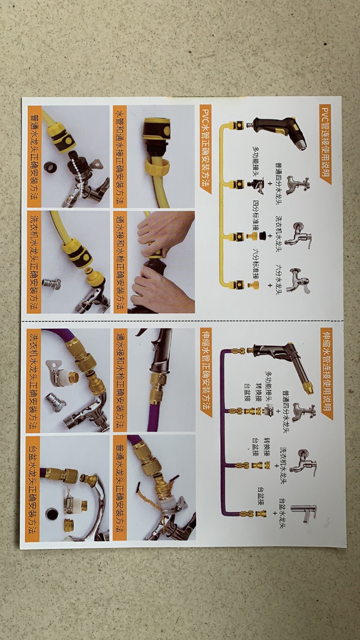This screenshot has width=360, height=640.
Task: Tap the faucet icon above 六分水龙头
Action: (300, 281)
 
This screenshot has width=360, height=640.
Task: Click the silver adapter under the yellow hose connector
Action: (51, 283)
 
